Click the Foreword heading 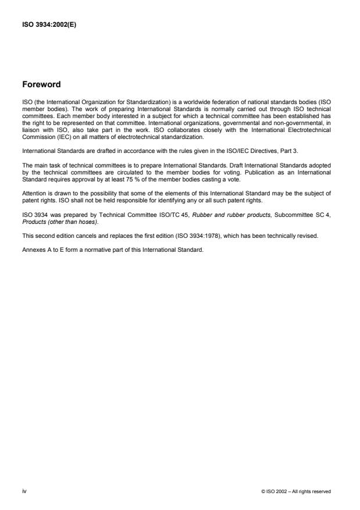41,84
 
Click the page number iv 24,492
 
